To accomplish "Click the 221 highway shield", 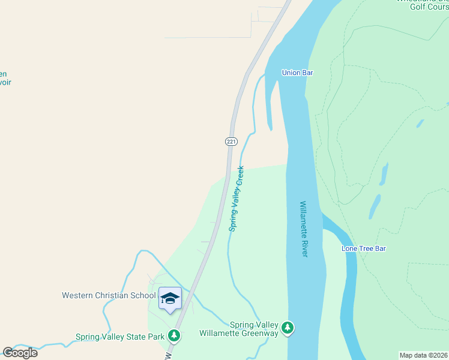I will click(232, 142).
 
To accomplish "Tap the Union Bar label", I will click(298, 73).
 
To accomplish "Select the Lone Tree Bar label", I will click(363, 248).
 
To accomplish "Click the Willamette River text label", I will click(304, 229).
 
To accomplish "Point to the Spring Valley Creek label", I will click(237, 199).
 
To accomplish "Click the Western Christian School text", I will click(109, 295).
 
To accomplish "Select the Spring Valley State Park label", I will click(120, 337).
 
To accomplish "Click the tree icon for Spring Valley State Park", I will click(174, 335).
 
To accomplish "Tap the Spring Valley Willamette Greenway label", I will click(239, 329).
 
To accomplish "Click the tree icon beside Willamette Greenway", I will click(289, 328).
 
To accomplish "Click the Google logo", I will click(20, 353).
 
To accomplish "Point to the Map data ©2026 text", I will click(424, 355).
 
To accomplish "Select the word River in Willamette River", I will click(304, 247).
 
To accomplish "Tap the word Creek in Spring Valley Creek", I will click(240, 176).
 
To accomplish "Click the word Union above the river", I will click(291, 73).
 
